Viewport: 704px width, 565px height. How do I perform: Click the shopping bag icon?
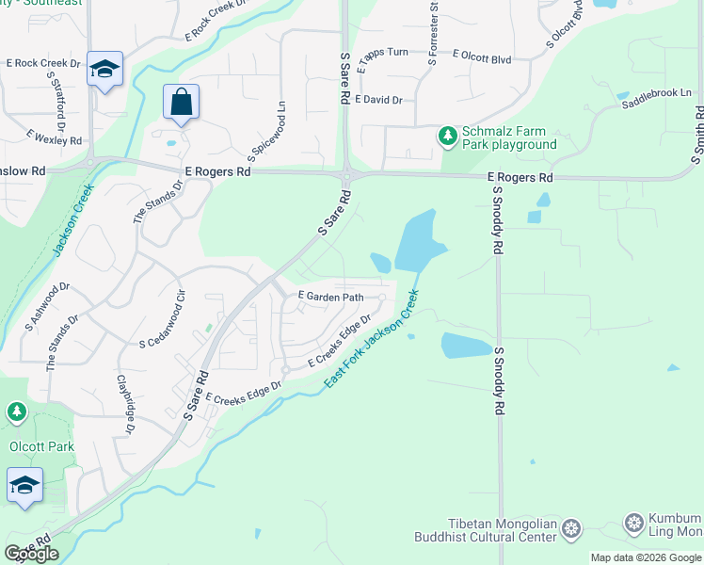(181, 102)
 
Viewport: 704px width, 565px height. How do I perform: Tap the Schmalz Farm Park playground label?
(508, 137)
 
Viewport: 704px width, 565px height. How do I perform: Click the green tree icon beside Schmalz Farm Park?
(448, 137)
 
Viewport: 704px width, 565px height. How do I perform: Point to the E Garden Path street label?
(330, 297)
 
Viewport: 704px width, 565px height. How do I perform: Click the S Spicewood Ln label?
(265, 131)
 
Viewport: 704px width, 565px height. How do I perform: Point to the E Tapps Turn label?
(382, 52)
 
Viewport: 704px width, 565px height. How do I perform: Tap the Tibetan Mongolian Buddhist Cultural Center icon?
(570, 529)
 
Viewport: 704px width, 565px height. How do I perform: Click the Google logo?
(31, 554)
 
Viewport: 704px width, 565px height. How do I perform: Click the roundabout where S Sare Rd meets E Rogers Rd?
(346, 175)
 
